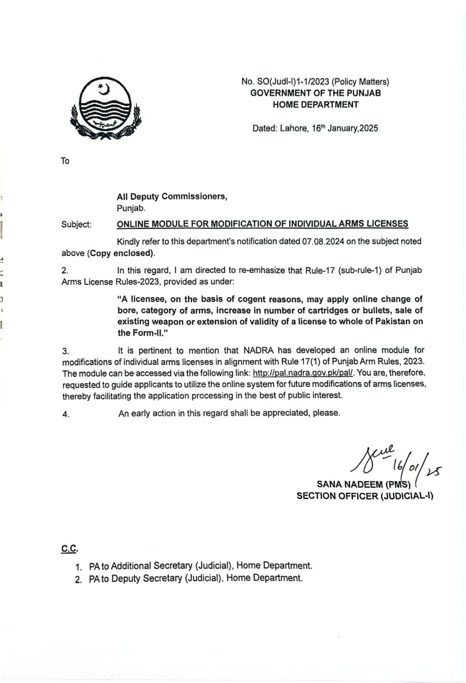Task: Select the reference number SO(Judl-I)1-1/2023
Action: pyautogui.click(x=292, y=82)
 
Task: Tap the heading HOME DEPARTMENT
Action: pyautogui.click(x=316, y=105)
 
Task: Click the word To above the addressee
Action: pyautogui.click(x=65, y=161)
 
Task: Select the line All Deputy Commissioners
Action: pyautogui.click(x=172, y=196)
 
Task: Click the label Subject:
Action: pyautogui.click(x=76, y=225)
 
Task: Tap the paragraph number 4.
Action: pyautogui.click(x=66, y=414)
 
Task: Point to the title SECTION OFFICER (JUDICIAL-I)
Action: pyautogui.click(x=365, y=496)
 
